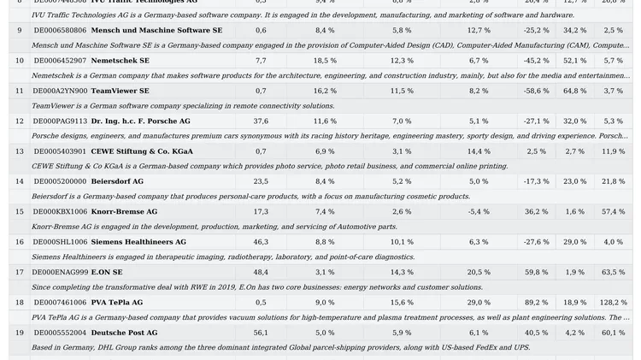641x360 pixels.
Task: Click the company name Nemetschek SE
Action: (x=120, y=61)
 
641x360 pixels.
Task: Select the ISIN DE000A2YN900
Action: (x=60, y=91)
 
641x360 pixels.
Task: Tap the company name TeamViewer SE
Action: (x=120, y=91)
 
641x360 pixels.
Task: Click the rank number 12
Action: (x=20, y=121)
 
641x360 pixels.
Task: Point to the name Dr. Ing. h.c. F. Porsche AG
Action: (x=140, y=121)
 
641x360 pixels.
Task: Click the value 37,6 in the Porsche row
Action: (x=261, y=121)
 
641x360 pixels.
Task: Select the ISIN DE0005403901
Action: (x=60, y=151)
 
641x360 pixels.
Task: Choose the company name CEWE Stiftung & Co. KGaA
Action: (x=142, y=151)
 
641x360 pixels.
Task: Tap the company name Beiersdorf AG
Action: (x=117, y=181)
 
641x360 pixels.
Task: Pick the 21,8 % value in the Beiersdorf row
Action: (x=613, y=181)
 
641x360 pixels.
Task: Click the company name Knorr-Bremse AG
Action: (x=124, y=211)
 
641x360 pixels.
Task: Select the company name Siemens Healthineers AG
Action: (x=138, y=242)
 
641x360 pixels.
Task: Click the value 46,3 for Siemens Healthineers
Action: (x=261, y=242)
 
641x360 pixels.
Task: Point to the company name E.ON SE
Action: (x=107, y=272)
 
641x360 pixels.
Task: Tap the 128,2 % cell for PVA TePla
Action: (x=613, y=302)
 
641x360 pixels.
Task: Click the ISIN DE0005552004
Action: (x=60, y=333)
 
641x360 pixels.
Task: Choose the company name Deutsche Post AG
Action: (x=124, y=333)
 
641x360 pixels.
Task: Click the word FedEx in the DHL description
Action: (x=473, y=348)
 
